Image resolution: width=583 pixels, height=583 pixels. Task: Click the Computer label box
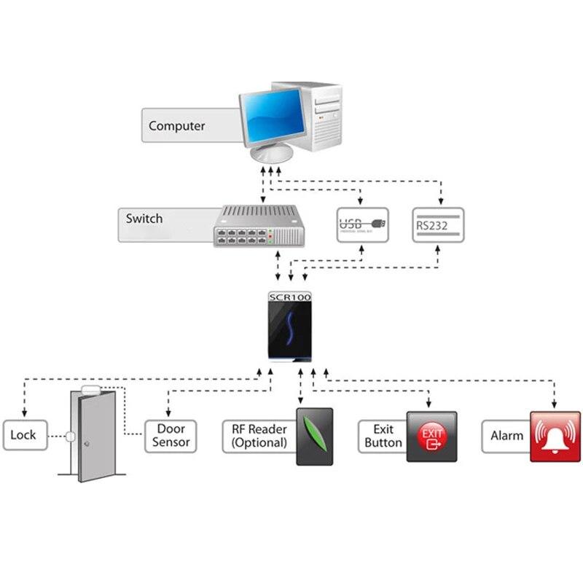[177, 125]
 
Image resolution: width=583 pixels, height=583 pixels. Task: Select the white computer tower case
[326, 117]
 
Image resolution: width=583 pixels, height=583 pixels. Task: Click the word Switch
[144, 219]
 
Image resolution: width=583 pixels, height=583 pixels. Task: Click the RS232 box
[437, 224]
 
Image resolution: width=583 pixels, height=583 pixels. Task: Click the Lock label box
[23, 435]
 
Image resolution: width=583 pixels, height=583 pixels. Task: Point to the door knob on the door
[85, 444]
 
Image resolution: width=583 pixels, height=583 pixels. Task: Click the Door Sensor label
[171, 435]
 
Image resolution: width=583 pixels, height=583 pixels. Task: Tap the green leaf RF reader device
[314, 437]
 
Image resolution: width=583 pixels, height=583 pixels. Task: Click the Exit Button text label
[383, 436]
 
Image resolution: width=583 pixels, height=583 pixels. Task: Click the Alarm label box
[506, 436]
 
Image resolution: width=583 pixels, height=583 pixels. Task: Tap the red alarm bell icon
[555, 436]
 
